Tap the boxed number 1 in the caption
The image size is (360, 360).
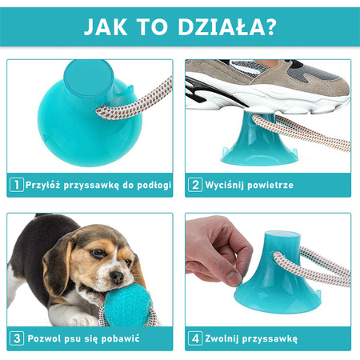coord(15,184)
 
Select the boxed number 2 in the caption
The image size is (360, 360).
coord(195,184)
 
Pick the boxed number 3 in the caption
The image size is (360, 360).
coord(15,339)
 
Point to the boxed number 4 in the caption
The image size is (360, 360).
coord(195,339)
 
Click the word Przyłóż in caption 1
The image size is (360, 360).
coord(44,184)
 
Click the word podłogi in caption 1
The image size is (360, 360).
coord(150,184)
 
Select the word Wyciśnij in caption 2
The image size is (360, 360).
coord(224,184)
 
